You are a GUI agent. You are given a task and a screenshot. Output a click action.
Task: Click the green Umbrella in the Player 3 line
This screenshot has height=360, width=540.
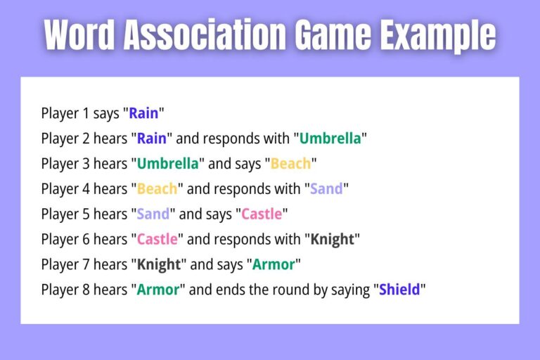[167, 164]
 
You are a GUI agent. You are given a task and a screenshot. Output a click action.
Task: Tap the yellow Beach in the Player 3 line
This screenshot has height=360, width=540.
[290, 164]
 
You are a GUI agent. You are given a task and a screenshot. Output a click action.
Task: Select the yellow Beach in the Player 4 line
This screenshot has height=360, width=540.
[157, 189]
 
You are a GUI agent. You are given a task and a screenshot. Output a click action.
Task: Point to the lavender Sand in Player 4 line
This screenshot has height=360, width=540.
[327, 189]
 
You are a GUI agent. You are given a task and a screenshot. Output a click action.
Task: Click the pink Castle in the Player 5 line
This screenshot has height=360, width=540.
[262, 214]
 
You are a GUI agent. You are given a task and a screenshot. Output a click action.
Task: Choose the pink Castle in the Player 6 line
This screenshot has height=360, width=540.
[157, 240]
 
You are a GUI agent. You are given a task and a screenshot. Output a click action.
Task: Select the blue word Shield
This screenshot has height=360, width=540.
[399, 290]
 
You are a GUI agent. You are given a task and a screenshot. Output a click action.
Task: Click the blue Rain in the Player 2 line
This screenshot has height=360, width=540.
[152, 139]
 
